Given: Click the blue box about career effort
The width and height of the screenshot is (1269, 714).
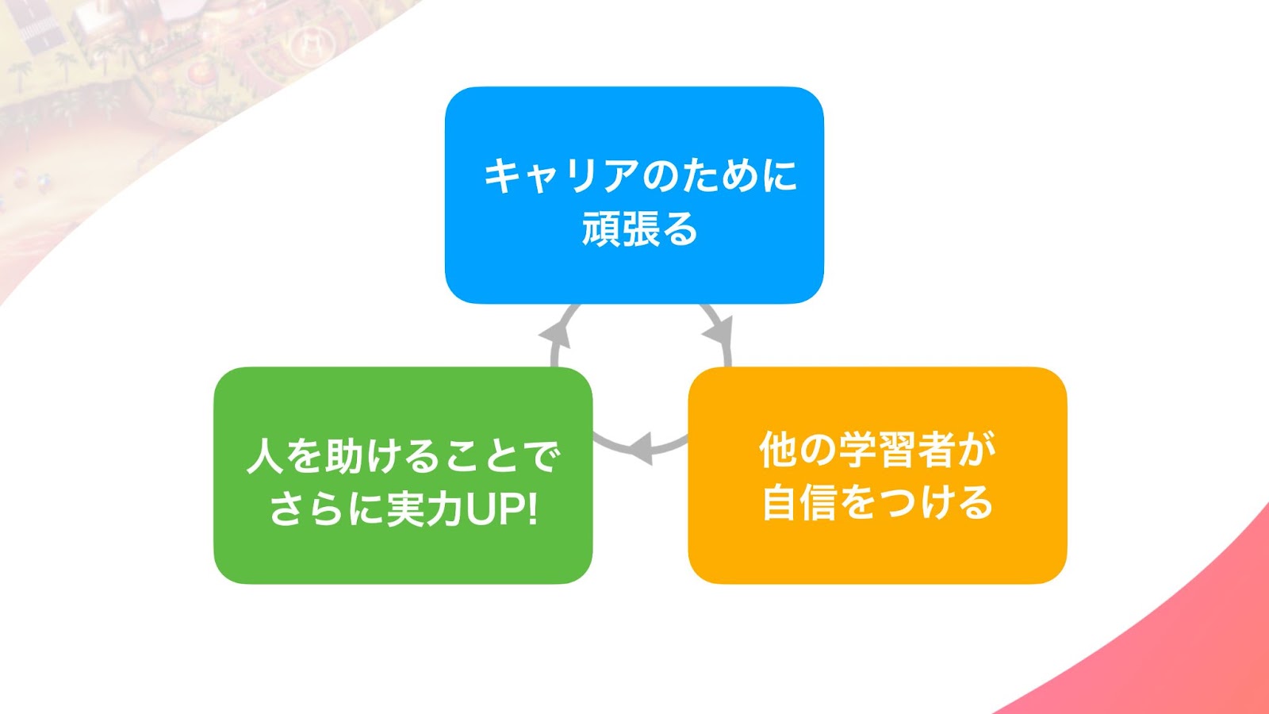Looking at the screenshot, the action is [634, 195].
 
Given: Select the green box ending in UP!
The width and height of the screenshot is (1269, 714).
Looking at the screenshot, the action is [403, 475].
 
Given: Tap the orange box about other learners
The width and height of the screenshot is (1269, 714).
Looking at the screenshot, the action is [877, 475].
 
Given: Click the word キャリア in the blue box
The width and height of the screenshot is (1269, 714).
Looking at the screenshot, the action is [561, 175].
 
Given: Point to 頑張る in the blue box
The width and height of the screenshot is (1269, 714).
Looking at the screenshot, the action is [639, 228].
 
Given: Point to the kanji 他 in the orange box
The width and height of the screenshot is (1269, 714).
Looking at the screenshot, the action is [778, 449].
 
